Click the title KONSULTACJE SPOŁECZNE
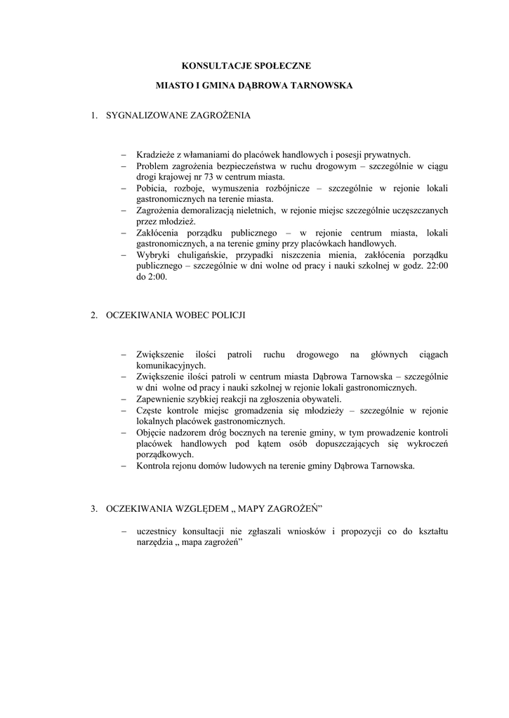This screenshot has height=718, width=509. (246, 65)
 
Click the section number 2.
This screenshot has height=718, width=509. (93, 316)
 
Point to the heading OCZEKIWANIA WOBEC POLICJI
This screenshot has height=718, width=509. (176, 316)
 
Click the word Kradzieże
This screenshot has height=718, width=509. (156, 155)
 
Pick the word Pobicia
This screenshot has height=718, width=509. (152, 189)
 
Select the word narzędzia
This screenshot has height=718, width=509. (154, 543)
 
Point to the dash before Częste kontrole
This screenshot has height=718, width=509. (124, 409)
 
